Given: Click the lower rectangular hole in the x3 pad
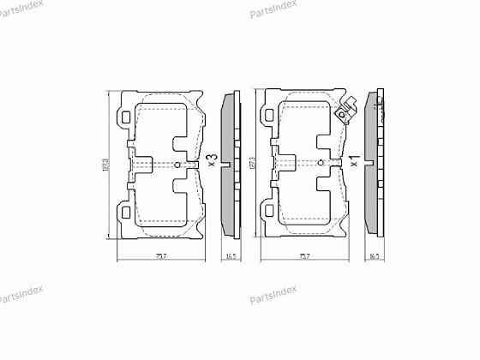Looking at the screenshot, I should [126, 212].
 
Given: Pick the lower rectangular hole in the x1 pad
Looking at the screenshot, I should [270, 212].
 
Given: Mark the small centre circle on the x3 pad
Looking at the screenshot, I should [177, 164].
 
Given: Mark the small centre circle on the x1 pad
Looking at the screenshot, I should [321, 164].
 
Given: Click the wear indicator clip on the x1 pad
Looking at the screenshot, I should [345, 111].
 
